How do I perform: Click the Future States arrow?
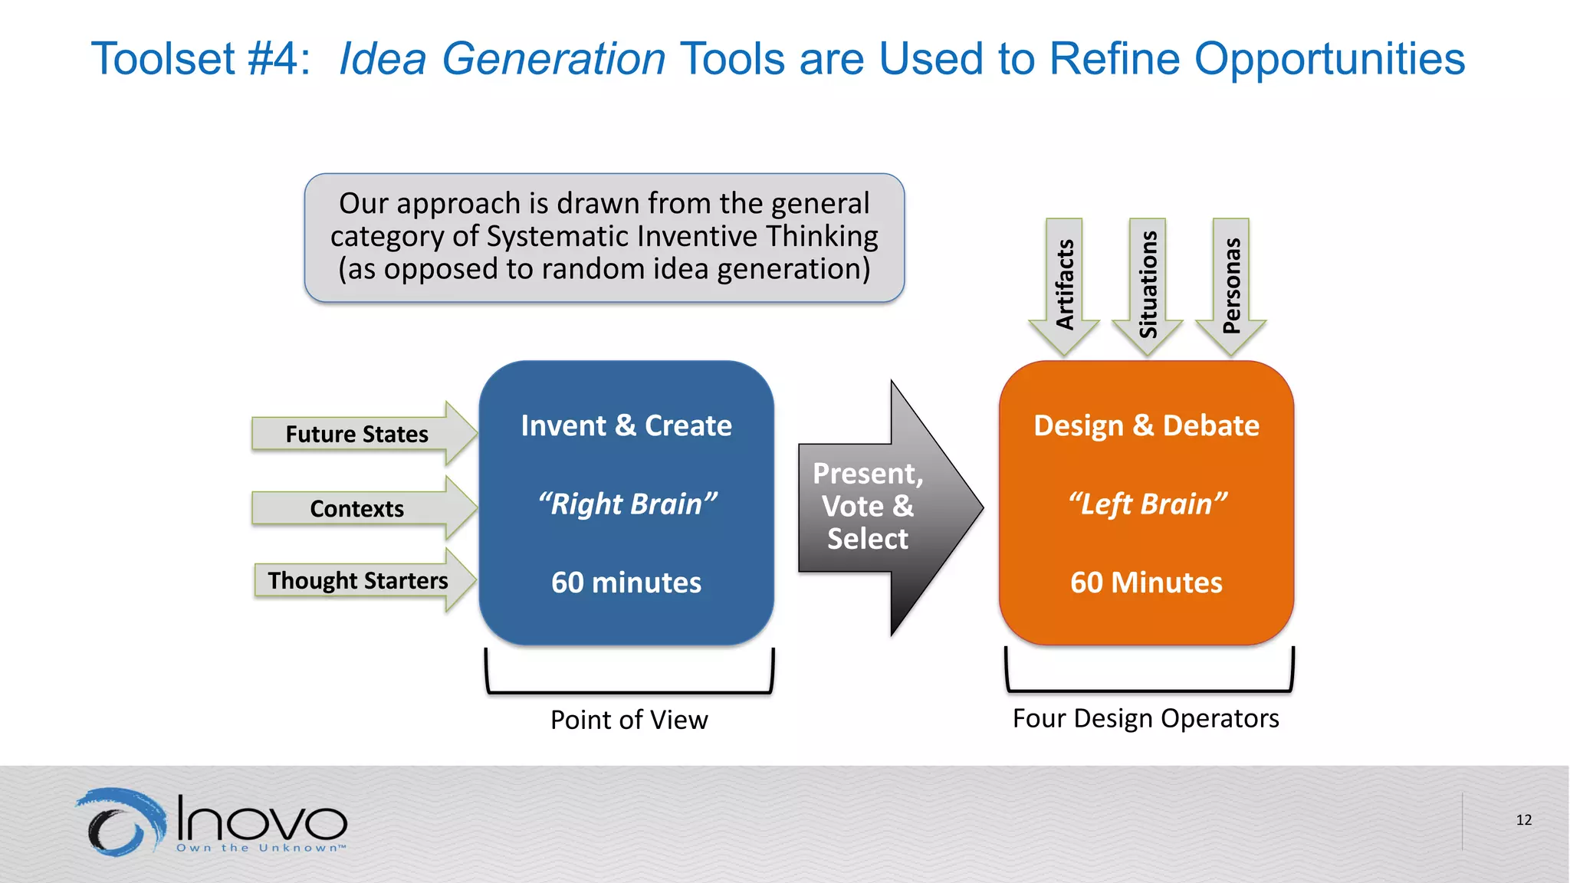click(x=360, y=434)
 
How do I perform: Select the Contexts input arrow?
click(x=360, y=508)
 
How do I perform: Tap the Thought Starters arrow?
click(x=360, y=580)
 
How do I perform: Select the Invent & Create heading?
click(x=626, y=425)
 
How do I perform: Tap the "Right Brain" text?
click(x=626, y=504)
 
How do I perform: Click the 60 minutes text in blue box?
click(x=626, y=583)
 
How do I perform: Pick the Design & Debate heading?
click(x=1146, y=425)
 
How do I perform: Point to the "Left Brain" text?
click(x=1146, y=504)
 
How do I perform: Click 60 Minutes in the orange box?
click(x=1146, y=583)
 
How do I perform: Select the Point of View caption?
click(x=629, y=720)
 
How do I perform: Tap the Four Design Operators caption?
click(x=1145, y=718)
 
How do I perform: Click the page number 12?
click(x=1523, y=820)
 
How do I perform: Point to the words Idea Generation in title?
click(x=502, y=59)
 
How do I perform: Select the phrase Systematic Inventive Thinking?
click(x=682, y=236)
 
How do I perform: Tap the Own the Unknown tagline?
click(x=261, y=848)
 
